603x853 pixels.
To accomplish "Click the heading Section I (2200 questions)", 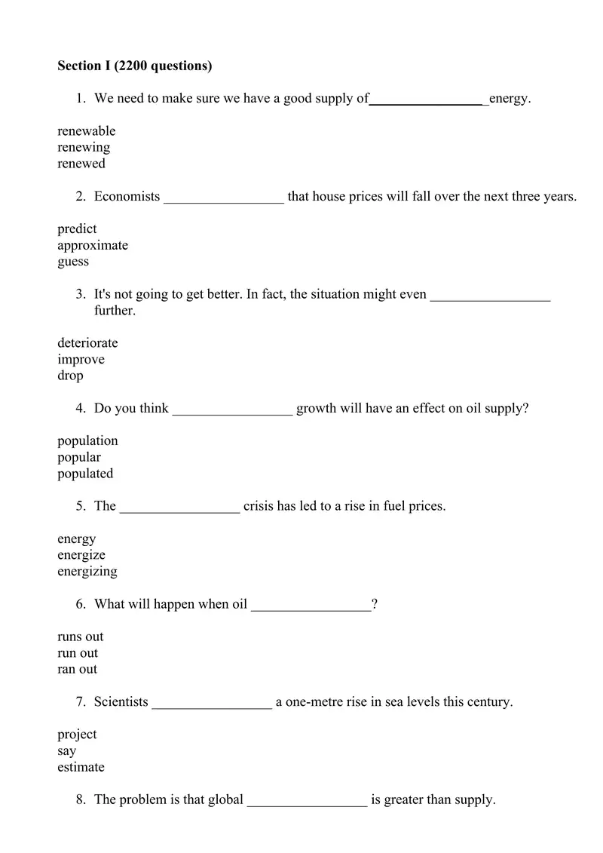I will [x=135, y=66].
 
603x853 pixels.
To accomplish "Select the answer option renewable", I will [x=87, y=131].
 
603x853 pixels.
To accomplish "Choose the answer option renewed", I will [x=81, y=164].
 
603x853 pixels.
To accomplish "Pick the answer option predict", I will [x=77, y=229].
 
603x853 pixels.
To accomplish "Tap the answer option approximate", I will [x=93, y=245].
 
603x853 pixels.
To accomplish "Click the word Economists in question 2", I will [x=127, y=197].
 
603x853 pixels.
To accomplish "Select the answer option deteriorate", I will [x=87, y=343].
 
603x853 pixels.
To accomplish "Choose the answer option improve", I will [x=81, y=360].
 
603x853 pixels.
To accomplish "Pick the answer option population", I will [x=87, y=440].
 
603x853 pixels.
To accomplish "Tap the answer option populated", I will [x=85, y=474].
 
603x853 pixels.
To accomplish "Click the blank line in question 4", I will [x=232, y=411].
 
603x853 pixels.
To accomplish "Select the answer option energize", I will [x=81, y=555].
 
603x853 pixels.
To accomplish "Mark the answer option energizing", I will [x=87, y=572].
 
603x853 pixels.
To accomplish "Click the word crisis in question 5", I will [x=259, y=506].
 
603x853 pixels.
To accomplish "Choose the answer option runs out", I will [x=81, y=637].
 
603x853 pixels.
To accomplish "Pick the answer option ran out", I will [x=77, y=669].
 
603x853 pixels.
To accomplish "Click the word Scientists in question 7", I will [x=121, y=702].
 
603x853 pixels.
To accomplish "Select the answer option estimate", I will [x=81, y=767].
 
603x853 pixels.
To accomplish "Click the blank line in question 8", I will [x=307, y=802].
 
